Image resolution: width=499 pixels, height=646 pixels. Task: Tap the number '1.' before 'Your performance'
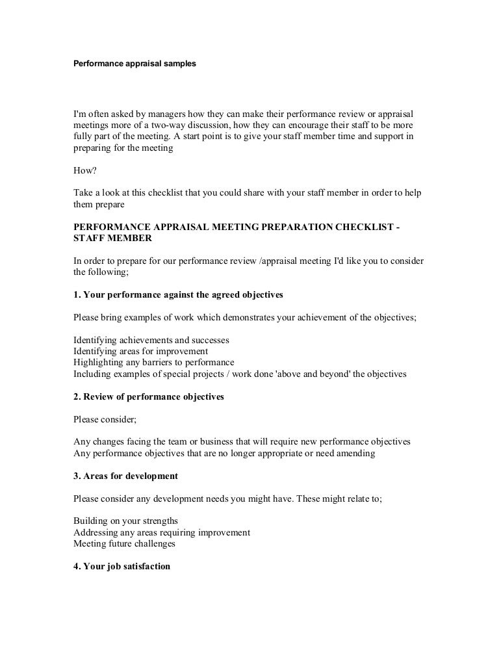coord(77,294)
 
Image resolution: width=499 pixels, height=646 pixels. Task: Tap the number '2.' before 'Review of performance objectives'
coord(77,396)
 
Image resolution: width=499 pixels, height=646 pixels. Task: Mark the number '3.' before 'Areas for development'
coord(77,476)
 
